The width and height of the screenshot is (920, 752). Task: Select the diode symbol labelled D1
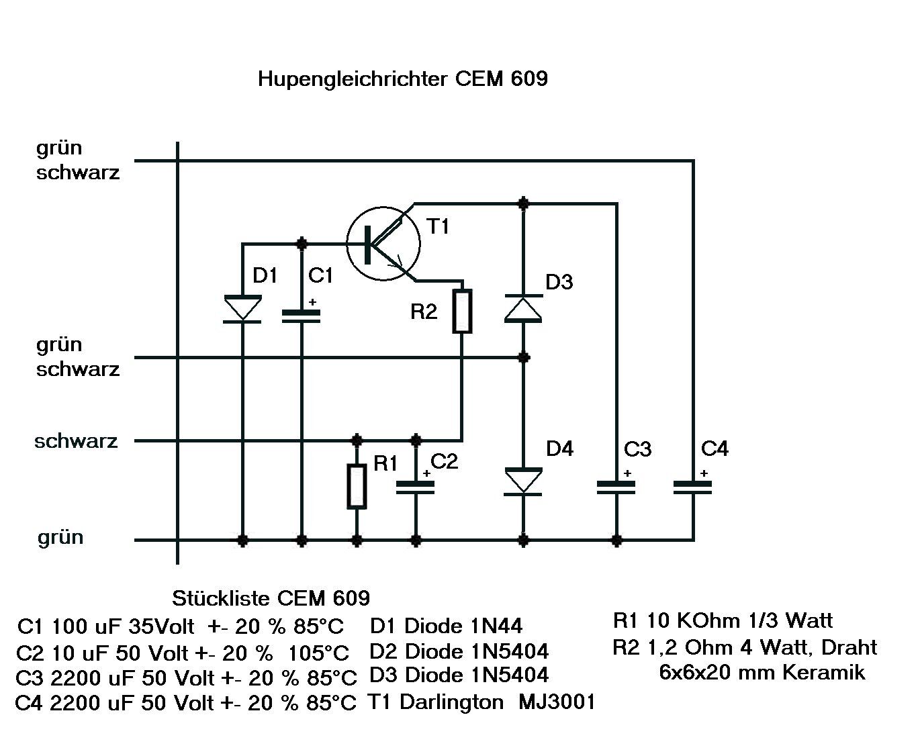click(242, 309)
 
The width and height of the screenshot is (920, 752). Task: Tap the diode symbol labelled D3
click(523, 308)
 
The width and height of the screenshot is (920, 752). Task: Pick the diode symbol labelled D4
click(523, 481)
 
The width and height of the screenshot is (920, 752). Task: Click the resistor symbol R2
click(462, 311)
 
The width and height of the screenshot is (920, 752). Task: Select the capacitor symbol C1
click(302, 315)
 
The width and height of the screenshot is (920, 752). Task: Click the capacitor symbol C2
click(416, 487)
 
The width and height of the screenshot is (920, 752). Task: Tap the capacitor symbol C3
click(616, 486)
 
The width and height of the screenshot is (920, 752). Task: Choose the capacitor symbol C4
click(692, 486)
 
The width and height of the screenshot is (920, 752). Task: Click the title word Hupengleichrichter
click(353, 79)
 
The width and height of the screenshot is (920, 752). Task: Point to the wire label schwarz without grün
click(76, 441)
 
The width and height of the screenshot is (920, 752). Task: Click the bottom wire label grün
click(60, 537)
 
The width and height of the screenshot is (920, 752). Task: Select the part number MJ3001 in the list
click(557, 702)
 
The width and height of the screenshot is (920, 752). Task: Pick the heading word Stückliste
click(222, 598)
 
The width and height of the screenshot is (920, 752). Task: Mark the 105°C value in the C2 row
click(319, 653)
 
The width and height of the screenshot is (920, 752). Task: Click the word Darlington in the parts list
click(451, 702)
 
